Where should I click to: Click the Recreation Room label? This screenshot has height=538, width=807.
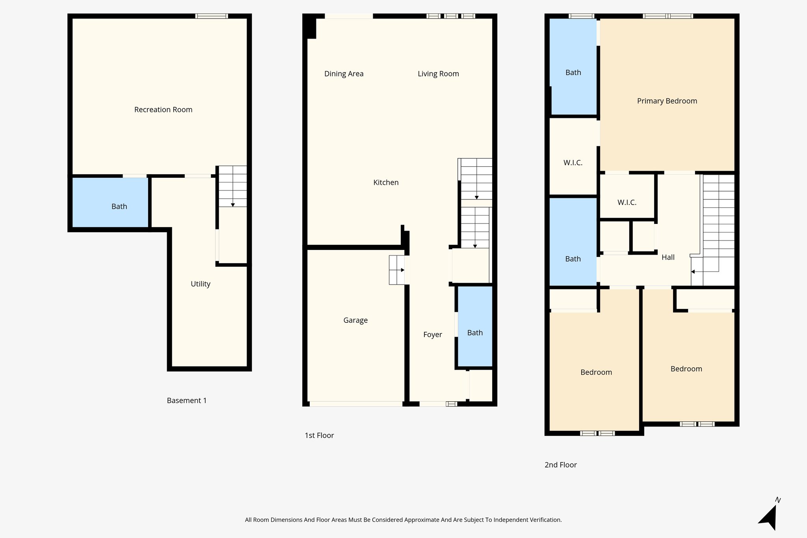pos(163,110)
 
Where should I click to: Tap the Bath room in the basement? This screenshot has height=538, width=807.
pos(119,206)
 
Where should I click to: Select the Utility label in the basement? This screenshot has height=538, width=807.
pos(200,284)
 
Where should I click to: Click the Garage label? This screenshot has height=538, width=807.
pos(355,320)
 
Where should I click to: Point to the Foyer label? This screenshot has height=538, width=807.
pos(432,334)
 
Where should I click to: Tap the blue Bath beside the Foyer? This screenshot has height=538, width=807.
pos(475,332)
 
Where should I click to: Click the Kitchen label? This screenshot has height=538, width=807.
pos(386,182)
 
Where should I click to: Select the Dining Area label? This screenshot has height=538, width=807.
pos(344,74)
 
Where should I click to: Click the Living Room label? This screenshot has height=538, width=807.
pos(438,74)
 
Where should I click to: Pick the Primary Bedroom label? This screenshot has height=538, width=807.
pos(667,101)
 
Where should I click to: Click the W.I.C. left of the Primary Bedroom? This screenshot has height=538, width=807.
pos(573,162)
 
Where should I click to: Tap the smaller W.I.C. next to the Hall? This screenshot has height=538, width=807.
pos(627,202)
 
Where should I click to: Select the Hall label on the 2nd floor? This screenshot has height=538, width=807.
pos(668,257)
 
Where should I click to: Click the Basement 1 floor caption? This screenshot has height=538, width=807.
pos(186,400)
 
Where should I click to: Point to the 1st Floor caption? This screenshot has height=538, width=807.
pos(319,435)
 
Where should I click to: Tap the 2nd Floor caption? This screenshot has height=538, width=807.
pos(560,465)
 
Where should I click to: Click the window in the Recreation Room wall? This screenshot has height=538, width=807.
pos(212,16)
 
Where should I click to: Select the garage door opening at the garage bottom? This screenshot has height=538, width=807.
pos(356,404)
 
